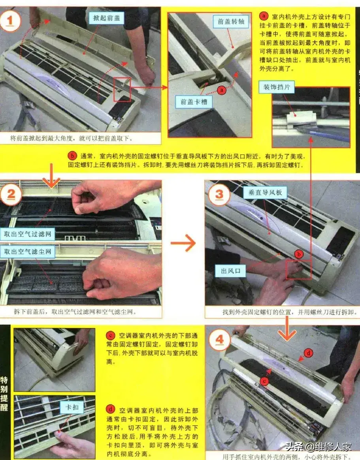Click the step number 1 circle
click(x=10, y=21)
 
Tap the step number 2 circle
click(x=11, y=194)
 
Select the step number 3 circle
click(x=219, y=194)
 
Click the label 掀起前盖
click(x=106, y=18)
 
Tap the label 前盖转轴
click(x=231, y=21)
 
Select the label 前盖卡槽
click(x=194, y=102)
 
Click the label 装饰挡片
click(x=277, y=87)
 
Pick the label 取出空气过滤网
click(x=28, y=234)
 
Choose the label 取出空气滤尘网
click(x=28, y=252)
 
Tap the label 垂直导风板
click(x=265, y=192)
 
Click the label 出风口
click(x=230, y=271)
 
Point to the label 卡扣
click(x=72, y=407)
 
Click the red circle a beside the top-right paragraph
click(x=264, y=16)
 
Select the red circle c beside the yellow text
click(x=110, y=335)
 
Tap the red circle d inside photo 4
click(x=308, y=353)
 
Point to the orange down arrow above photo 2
click(x=51, y=176)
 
